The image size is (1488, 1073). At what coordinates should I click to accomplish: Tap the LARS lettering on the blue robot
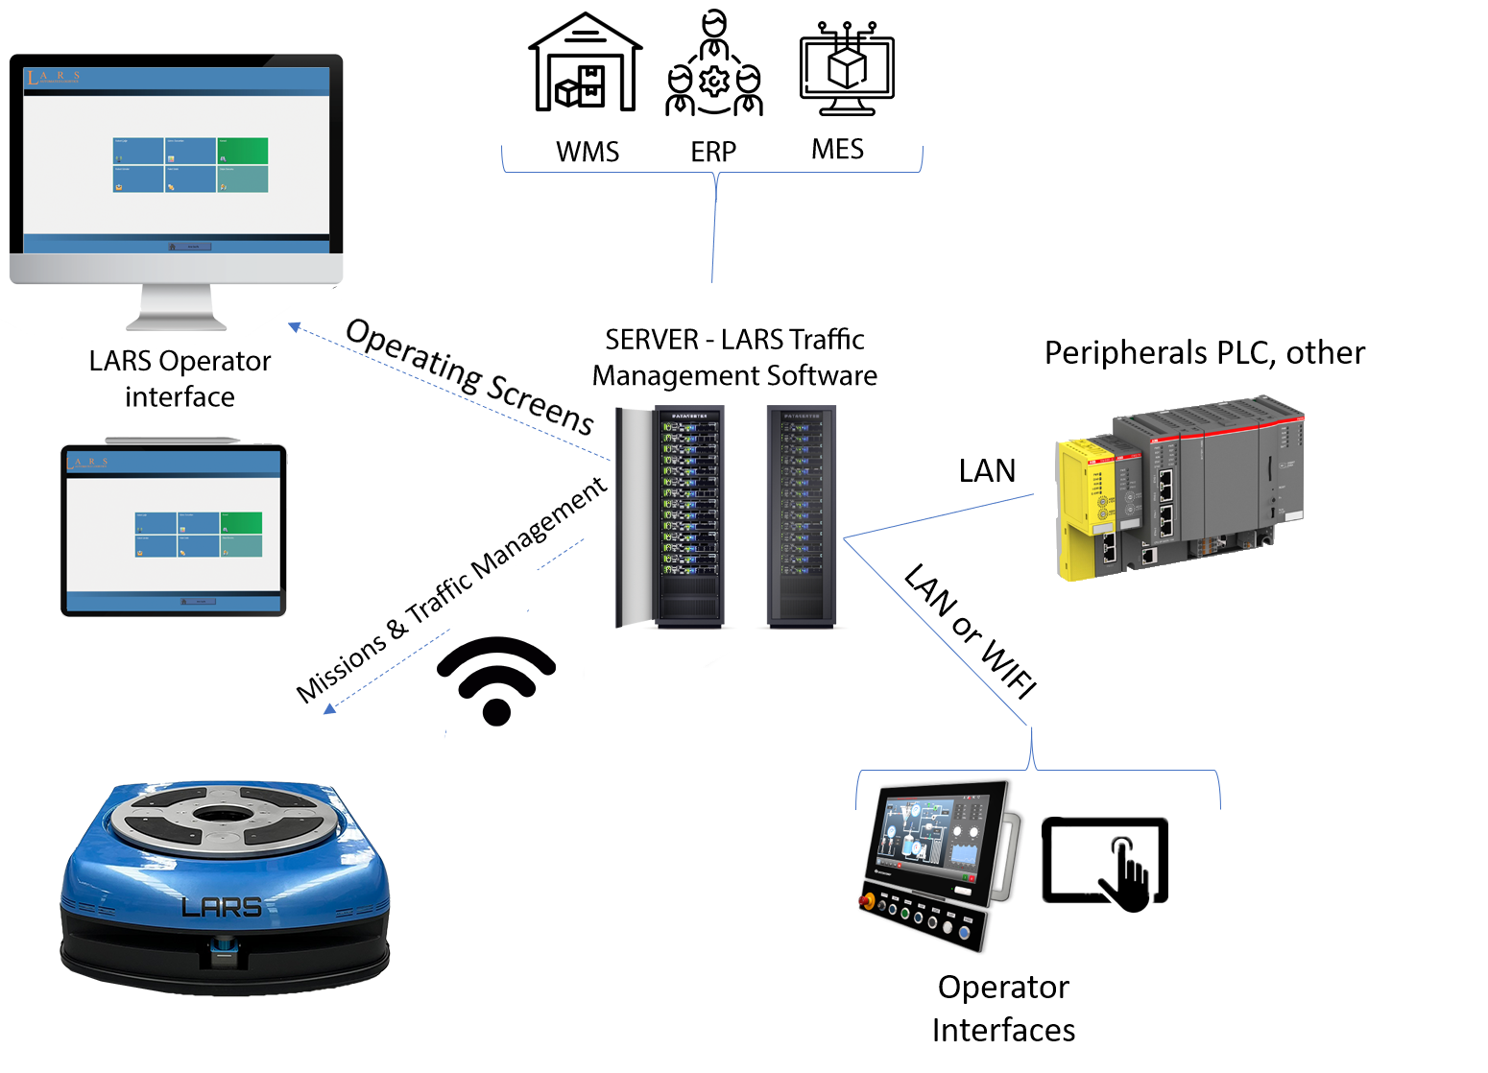[221, 907]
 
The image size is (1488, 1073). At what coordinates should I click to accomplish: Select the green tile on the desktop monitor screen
[242, 151]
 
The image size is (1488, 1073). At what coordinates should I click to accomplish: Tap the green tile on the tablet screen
[241, 523]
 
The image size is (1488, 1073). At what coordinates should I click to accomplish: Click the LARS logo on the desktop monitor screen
[53, 78]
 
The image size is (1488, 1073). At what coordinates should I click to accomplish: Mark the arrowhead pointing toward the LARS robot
[329, 709]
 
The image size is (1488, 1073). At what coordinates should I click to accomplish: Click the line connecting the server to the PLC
[941, 515]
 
